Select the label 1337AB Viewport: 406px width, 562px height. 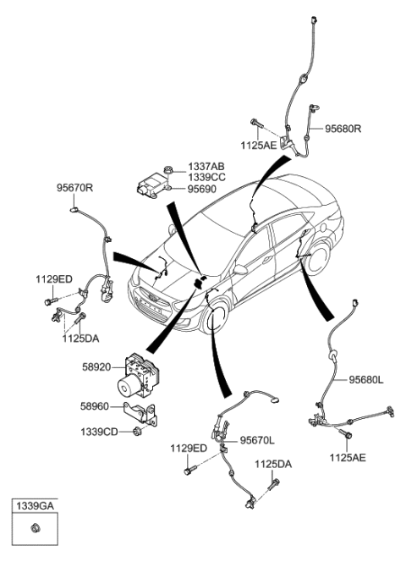206,167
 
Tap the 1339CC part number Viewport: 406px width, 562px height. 206,179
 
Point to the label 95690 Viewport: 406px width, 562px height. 201,190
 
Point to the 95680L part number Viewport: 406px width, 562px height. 366,380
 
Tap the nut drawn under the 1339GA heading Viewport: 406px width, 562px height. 35,531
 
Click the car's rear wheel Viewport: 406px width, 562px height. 319,262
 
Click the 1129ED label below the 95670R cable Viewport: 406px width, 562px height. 53,278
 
